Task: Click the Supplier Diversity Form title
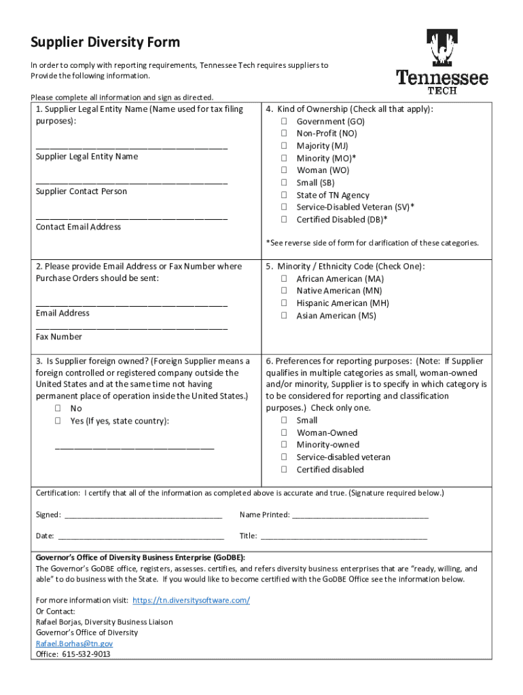click(x=105, y=43)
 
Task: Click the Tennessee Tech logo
click(x=442, y=62)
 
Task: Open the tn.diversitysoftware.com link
click(x=192, y=600)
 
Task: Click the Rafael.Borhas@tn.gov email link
click(x=74, y=643)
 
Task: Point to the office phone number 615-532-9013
click(x=86, y=654)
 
